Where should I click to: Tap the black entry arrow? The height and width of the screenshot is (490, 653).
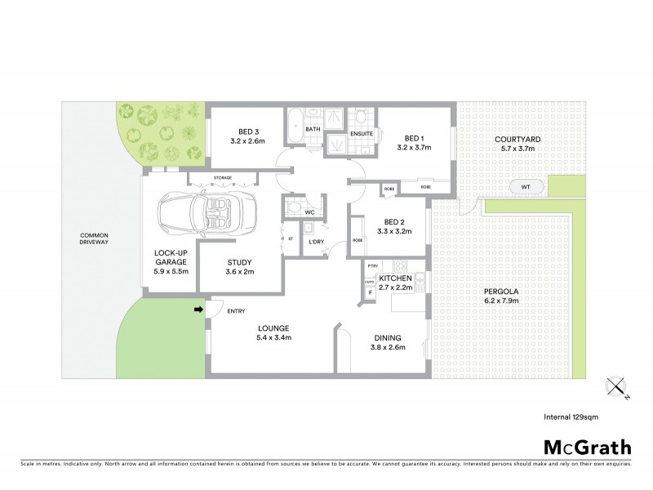198,310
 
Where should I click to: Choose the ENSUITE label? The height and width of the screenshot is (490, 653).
362,133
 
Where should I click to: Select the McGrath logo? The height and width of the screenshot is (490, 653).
587,447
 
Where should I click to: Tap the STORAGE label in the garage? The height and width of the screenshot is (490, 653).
223,177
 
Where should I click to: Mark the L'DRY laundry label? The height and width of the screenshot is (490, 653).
317,242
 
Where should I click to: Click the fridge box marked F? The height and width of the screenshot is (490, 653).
370,292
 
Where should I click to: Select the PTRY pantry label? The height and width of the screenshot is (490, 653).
372,265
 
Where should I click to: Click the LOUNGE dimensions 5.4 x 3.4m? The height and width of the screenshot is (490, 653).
274,337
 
